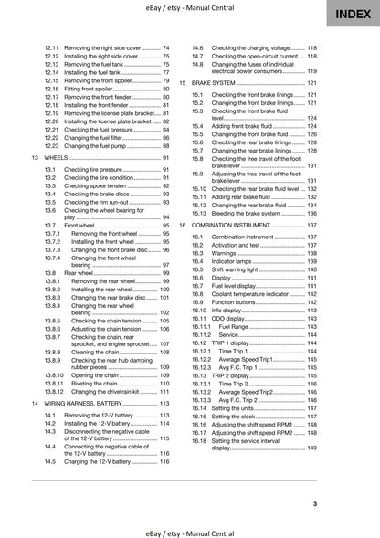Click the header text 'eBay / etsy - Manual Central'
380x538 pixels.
[189, 6]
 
